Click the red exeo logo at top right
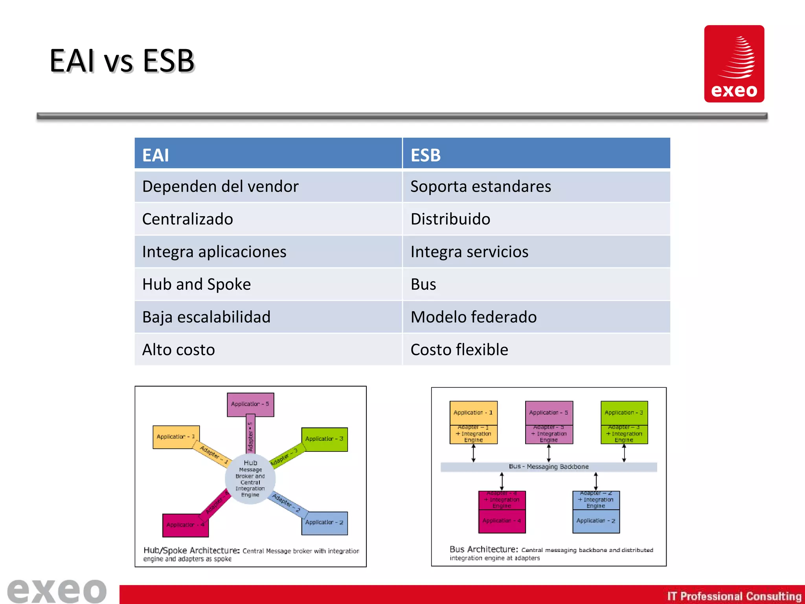tap(734, 64)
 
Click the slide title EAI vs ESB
tap(122, 61)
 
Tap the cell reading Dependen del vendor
tap(268, 186)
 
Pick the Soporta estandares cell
tap(536, 186)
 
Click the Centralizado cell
tap(268, 219)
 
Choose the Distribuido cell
tap(536, 219)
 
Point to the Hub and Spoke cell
tap(268, 284)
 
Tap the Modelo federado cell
tap(536, 317)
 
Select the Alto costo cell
tap(268, 350)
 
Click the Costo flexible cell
tap(536, 350)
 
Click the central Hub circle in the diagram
tap(250, 479)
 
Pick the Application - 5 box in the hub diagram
tap(250, 404)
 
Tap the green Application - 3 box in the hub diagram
tap(324, 439)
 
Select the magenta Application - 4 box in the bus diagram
tap(502, 521)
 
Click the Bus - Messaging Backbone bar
tap(549, 467)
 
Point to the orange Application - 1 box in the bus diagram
tap(473, 412)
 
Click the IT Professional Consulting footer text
tap(734, 596)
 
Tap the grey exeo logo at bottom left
tap(57, 591)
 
